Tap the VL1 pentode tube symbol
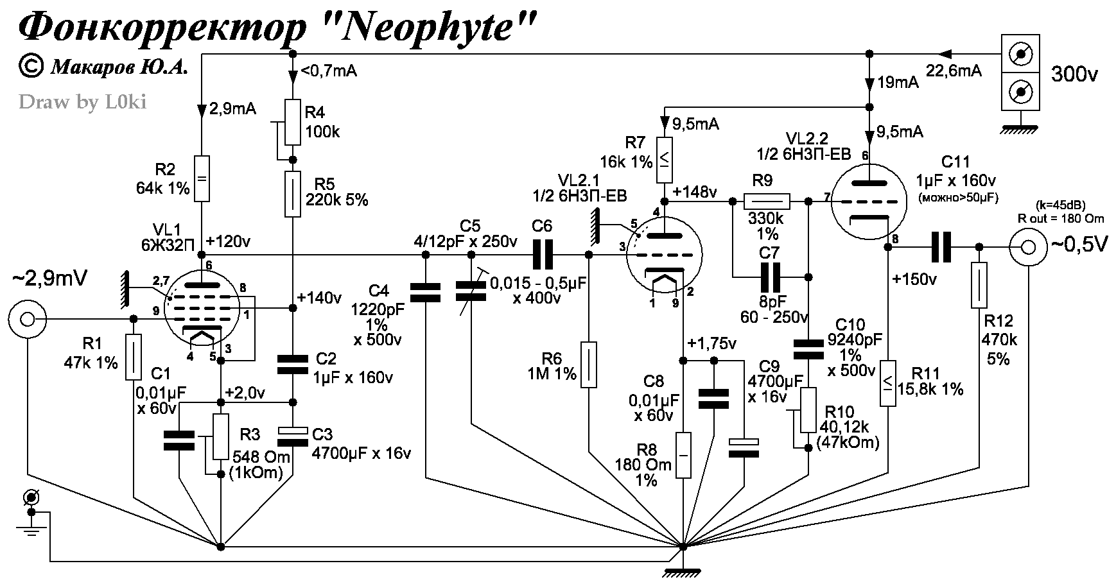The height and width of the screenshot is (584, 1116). coord(202,308)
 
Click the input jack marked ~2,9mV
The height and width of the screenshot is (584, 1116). coord(27,319)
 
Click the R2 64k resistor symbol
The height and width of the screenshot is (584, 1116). coord(202,178)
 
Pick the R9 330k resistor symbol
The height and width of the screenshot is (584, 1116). coord(767,202)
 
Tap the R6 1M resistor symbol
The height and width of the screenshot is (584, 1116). coord(589,365)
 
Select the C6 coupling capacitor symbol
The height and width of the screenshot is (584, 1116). coord(542,255)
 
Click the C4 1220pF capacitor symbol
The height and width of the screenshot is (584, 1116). coord(425,293)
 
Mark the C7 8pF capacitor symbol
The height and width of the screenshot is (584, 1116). coord(769,277)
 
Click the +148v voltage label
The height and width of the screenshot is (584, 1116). coord(694,193)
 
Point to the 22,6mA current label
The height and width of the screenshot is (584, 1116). coord(953,71)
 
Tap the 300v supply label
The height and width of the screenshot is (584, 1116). coord(1074,75)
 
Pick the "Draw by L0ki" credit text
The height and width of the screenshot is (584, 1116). coord(82,102)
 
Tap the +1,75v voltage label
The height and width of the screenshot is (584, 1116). coord(711,343)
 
